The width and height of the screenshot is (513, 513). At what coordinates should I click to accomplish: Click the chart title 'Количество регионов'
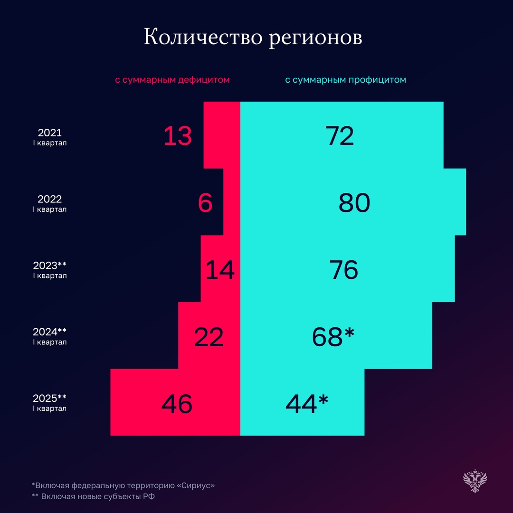[253, 38]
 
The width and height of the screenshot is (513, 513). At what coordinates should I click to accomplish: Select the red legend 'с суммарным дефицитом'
[172, 80]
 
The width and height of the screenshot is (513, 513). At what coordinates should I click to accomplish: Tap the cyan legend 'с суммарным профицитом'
[345, 80]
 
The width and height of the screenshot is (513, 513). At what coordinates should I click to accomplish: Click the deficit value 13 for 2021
[178, 136]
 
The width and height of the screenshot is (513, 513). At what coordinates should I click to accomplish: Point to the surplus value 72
[340, 136]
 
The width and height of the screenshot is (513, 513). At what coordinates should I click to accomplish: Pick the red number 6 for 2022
[205, 203]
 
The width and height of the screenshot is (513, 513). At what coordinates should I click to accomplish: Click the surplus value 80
[354, 203]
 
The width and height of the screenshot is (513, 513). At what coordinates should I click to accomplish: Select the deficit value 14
[220, 270]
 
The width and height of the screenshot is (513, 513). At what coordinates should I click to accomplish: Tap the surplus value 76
[343, 270]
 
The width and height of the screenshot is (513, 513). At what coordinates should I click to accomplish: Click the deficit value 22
[209, 337]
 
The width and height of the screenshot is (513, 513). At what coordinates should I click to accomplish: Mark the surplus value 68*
[333, 337]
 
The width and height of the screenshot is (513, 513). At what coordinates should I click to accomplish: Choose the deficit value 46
[177, 404]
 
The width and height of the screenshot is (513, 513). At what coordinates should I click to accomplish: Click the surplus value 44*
[307, 404]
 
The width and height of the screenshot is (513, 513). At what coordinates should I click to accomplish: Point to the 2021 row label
[50, 137]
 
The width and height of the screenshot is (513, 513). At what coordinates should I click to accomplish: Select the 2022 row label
[50, 203]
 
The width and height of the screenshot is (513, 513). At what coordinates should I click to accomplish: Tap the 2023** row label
[50, 270]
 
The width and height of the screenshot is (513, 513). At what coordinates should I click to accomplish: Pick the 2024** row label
[50, 336]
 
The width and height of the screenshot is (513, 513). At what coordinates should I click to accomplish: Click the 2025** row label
[50, 403]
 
